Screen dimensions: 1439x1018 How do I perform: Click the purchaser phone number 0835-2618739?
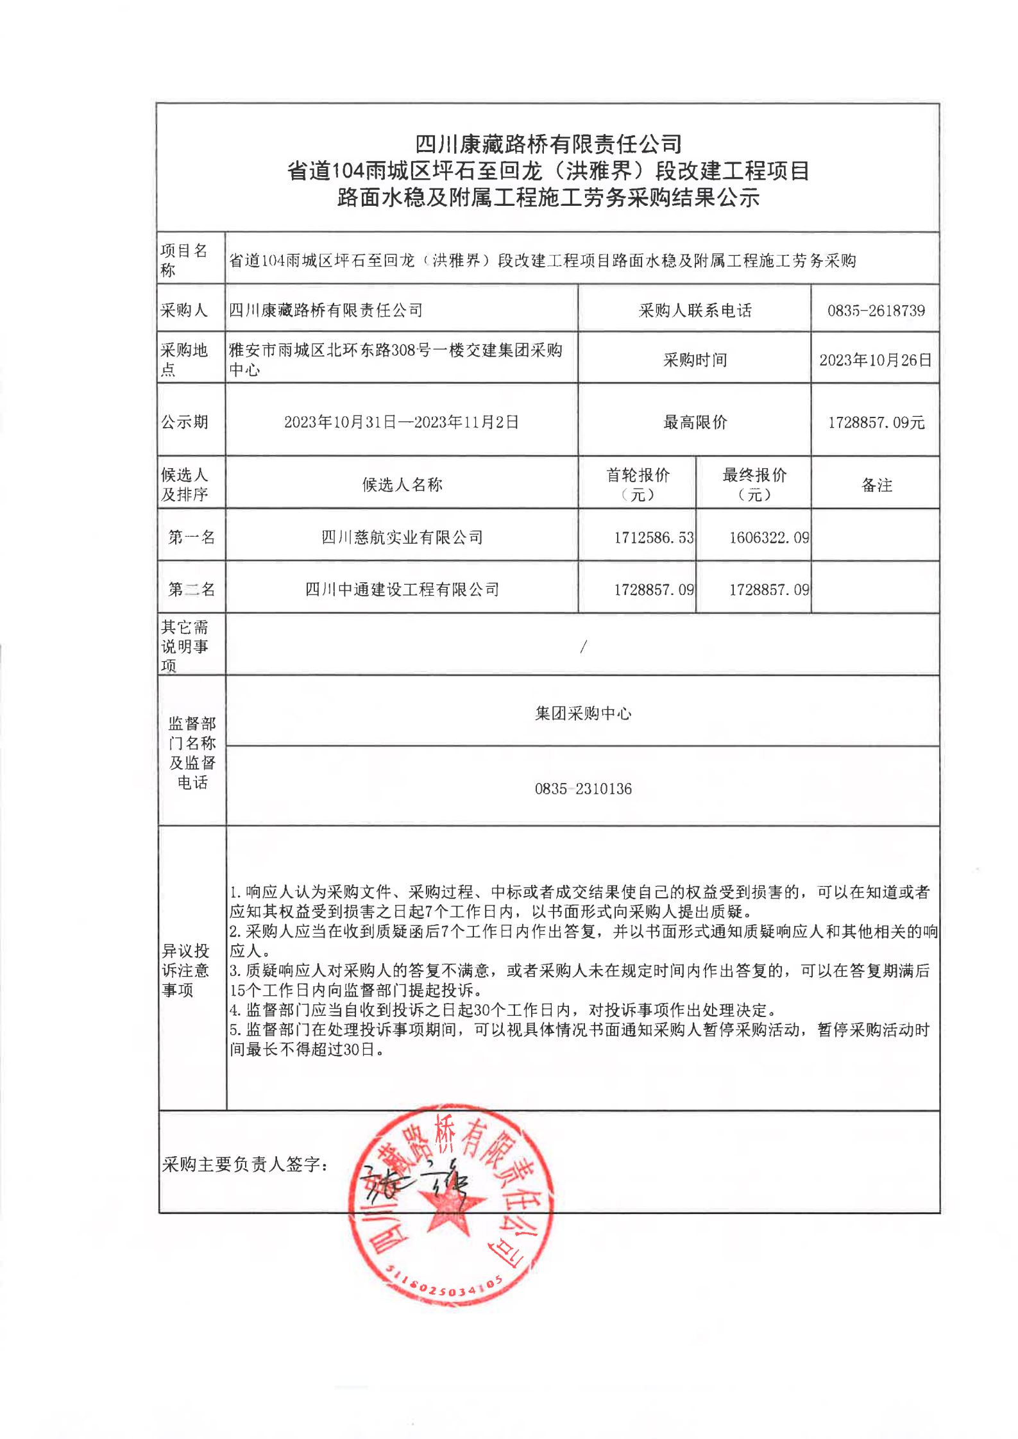point(876,311)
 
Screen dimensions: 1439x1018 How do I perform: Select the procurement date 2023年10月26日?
point(875,360)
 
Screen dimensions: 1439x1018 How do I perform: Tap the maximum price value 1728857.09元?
point(876,423)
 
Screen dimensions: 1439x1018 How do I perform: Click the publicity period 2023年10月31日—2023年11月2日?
point(402,422)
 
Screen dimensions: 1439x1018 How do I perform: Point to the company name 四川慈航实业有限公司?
point(402,537)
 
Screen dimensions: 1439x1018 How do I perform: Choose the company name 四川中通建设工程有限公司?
point(402,589)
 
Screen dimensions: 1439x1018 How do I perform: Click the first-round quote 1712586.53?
point(654,537)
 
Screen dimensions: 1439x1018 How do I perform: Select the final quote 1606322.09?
point(768,537)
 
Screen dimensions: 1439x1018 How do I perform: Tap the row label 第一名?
point(191,537)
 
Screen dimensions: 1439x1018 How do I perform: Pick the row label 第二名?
point(191,589)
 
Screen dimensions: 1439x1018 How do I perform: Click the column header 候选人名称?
point(402,485)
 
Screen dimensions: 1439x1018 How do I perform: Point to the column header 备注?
point(876,485)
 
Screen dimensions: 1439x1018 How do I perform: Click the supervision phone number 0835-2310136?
point(583,789)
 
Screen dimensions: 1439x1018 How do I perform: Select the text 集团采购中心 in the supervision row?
point(583,714)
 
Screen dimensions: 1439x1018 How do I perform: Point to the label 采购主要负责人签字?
point(245,1165)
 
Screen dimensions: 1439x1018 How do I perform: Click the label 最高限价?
point(695,423)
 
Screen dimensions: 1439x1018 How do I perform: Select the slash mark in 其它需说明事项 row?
point(583,647)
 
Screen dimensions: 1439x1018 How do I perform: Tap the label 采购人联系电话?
point(695,311)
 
